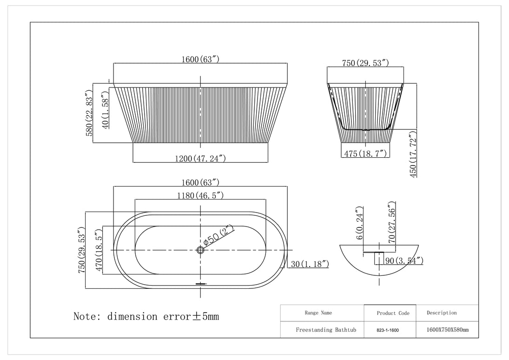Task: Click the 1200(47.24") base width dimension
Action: [x=200, y=158]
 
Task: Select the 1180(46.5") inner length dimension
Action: [x=200, y=195]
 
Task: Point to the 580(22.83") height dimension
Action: [x=90, y=113]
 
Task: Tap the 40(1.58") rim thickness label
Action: [x=106, y=111]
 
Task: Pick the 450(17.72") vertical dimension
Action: [x=413, y=154]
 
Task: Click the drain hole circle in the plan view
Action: [x=200, y=250]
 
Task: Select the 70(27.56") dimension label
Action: [x=391, y=223]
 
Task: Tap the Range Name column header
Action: [x=318, y=313]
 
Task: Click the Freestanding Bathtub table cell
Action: [x=326, y=330]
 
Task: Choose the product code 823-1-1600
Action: [x=387, y=330]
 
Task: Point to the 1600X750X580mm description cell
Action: [x=447, y=330]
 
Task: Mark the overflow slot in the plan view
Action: [x=200, y=283]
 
